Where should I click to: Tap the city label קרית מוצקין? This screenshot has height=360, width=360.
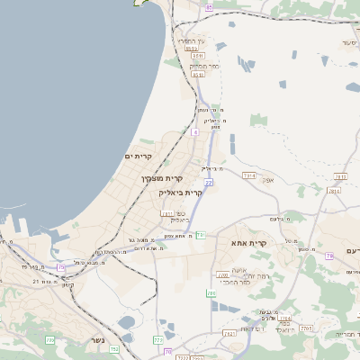click(x=156, y=178)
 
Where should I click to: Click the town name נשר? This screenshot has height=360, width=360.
click(x=96, y=340)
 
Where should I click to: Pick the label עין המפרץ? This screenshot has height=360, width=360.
click(x=191, y=41)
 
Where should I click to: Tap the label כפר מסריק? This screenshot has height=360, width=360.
click(x=205, y=66)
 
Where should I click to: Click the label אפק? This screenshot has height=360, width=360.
click(x=268, y=180)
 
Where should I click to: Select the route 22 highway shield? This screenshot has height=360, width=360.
click(x=208, y=183)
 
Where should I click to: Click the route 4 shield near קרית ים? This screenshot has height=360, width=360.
click(x=194, y=132)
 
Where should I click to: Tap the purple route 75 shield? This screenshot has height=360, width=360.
click(x=61, y=267)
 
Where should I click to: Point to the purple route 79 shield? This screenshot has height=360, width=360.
click(x=329, y=256)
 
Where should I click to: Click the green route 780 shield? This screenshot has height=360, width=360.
click(x=212, y=293)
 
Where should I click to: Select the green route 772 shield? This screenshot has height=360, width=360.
click(x=158, y=340)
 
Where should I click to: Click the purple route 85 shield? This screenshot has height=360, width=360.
click(x=209, y=7)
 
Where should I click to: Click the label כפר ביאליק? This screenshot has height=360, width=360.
click(x=179, y=217)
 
